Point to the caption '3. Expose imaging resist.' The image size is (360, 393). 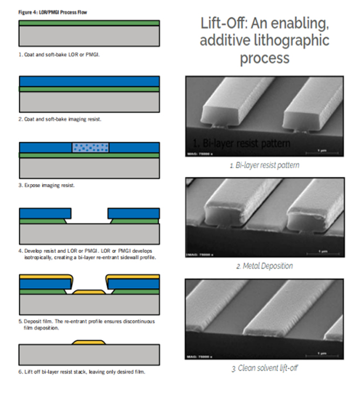(46, 185)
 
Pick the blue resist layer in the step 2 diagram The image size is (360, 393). (89, 81)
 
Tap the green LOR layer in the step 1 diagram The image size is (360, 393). (89, 23)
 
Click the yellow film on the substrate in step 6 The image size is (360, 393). (89, 342)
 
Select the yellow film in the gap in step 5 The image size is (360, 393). (89, 291)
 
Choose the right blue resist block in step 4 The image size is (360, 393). (133, 213)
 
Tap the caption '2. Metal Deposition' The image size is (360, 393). (264, 266)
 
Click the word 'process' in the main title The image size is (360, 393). (265, 58)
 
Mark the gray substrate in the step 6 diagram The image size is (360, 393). (89, 355)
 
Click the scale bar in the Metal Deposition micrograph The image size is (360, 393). (322, 251)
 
